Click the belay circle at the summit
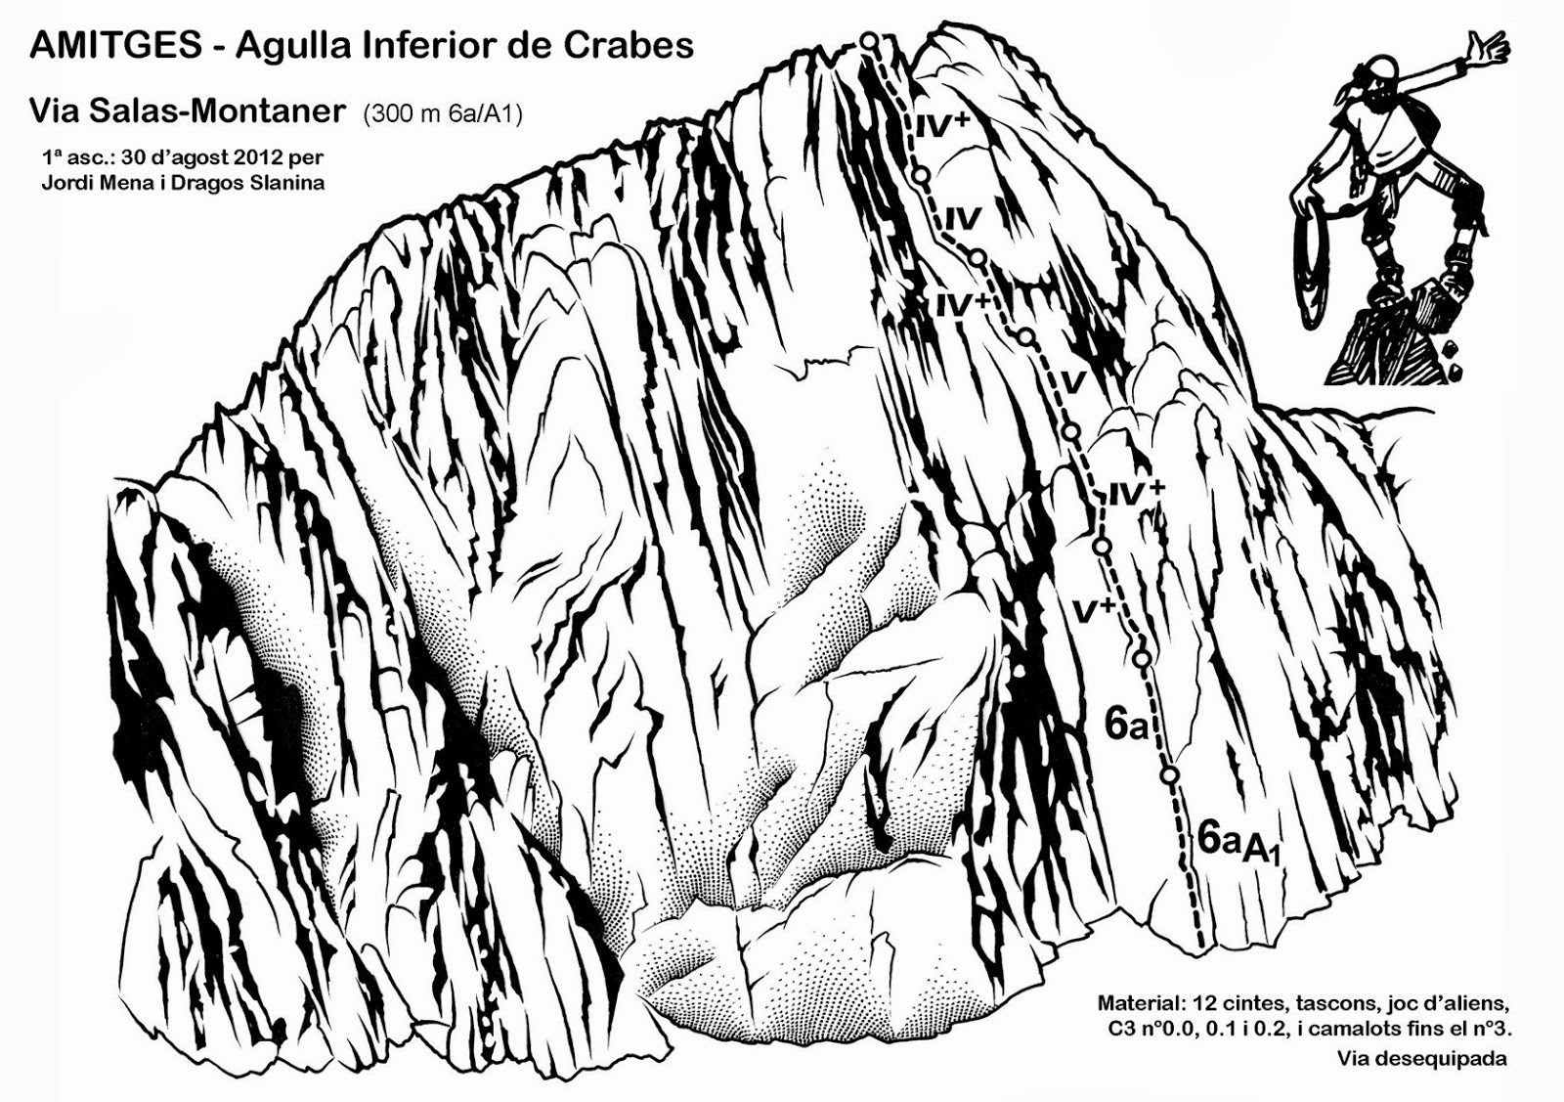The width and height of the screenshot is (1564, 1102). click(869, 40)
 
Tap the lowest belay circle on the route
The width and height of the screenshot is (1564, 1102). click(1170, 775)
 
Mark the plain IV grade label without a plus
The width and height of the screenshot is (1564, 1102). click(963, 216)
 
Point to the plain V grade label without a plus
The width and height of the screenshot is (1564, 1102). click(1073, 382)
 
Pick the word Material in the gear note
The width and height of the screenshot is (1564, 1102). click(1138, 1003)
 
